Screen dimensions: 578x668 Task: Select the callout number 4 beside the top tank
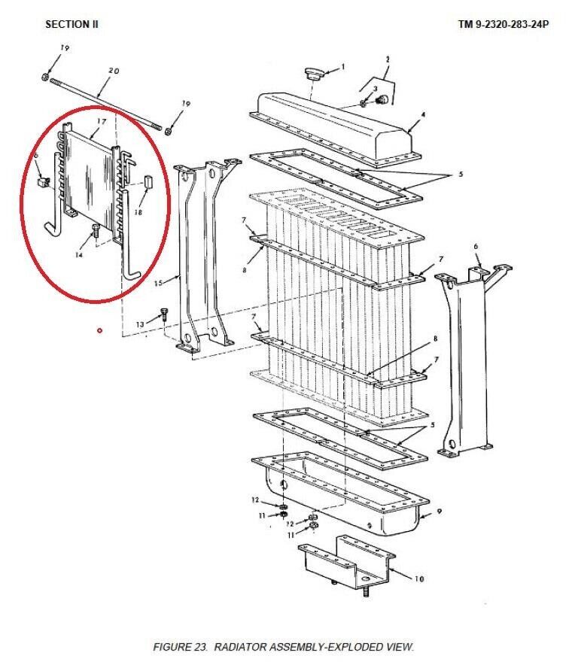(423, 114)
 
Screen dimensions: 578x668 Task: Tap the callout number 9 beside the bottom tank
(440, 512)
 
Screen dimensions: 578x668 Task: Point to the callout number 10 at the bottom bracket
(419, 578)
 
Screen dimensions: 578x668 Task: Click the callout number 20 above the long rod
(114, 71)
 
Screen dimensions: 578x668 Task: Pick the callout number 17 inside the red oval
(101, 121)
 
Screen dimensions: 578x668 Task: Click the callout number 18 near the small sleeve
(138, 211)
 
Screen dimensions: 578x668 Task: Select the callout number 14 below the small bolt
(79, 255)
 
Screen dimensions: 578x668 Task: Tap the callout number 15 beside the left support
(158, 283)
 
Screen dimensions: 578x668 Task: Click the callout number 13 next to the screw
(140, 325)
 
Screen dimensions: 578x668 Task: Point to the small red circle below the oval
(100, 330)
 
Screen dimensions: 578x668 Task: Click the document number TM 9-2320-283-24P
(503, 24)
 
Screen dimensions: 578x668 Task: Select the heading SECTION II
(71, 24)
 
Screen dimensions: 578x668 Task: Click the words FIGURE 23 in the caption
(181, 647)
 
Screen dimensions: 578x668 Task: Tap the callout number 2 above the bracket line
(388, 59)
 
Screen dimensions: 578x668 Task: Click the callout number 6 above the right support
(476, 246)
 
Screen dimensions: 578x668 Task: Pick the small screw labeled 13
(164, 315)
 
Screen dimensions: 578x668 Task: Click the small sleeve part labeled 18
(148, 181)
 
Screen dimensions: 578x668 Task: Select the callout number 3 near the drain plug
(375, 88)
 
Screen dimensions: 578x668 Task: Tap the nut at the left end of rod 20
(44, 77)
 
